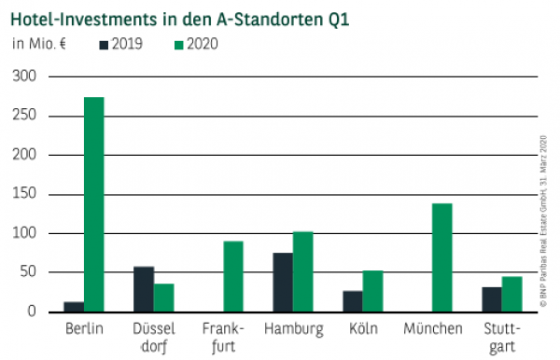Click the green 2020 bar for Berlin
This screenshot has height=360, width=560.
pos(93,204)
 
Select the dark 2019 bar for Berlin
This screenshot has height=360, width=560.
pos(73,306)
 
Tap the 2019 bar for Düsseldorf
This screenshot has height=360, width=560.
pos(144,289)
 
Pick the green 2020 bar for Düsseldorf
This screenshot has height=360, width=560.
pos(164,298)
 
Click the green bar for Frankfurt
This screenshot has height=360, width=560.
pos(233,276)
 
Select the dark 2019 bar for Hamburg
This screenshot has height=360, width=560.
pos(283,282)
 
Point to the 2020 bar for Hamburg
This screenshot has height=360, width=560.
pos(303,271)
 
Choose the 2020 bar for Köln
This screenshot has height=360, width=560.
pos(372,291)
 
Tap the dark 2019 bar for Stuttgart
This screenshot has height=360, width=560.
pos(491,299)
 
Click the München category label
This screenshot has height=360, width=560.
pos(432,329)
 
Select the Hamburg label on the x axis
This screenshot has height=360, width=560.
pos(293,329)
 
